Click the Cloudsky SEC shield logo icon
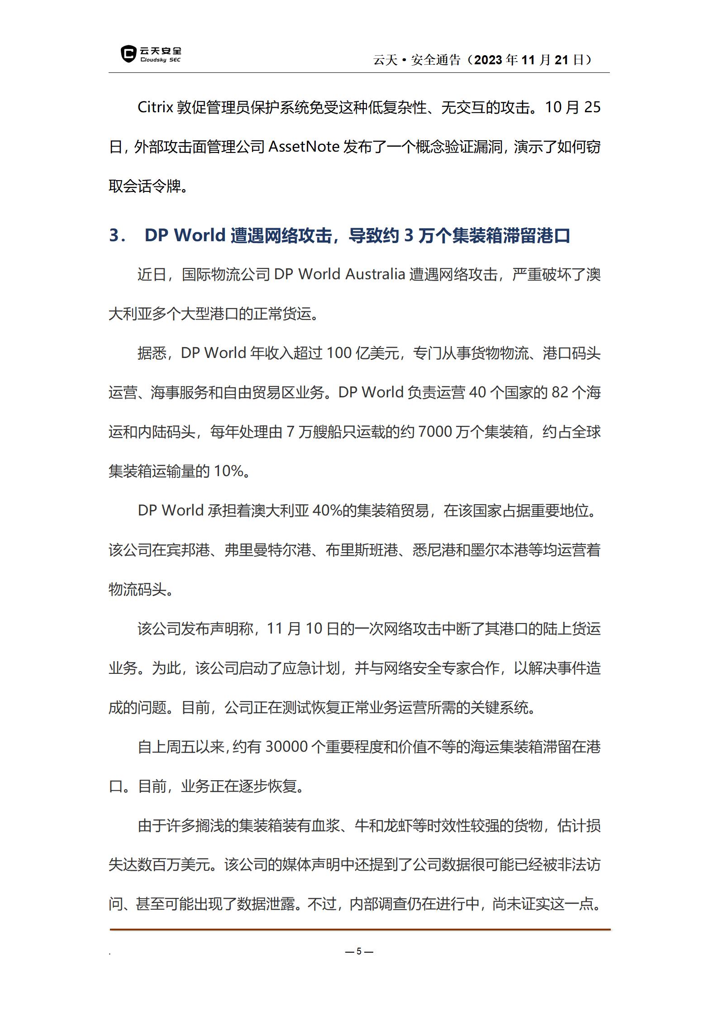(x=128, y=54)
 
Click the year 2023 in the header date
(x=488, y=60)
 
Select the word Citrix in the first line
(x=155, y=108)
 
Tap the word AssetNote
(x=304, y=147)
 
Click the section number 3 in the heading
(x=115, y=236)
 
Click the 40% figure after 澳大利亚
(x=327, y=511)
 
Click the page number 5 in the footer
(x=359, y=951)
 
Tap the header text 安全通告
(x=435, y=60)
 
